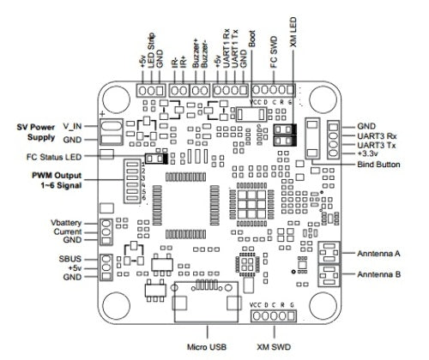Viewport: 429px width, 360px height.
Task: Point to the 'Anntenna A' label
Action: (378, 253)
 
